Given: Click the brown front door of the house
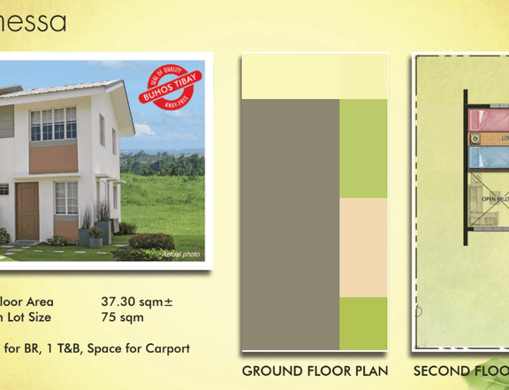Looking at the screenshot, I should (27, 211).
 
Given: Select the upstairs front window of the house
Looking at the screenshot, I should (53, 124).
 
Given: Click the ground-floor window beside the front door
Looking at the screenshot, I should (66, 198).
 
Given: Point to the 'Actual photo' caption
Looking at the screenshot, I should (181, 254).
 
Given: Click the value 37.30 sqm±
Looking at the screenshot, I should (137, 302).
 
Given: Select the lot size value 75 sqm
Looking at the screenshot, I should (123, 317).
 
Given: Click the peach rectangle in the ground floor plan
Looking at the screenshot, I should (363, 248).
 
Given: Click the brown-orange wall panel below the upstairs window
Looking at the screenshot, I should (53, 159).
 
